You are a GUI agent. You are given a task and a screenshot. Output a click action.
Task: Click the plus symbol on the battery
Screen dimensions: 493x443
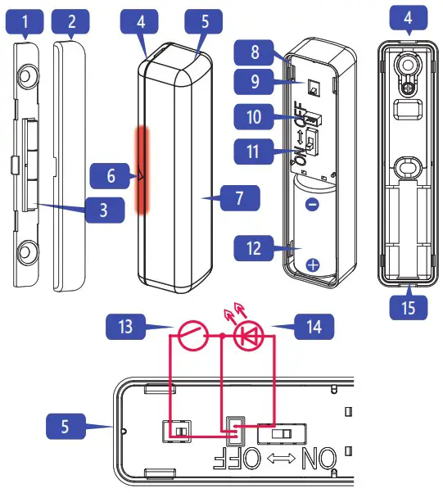[x=312, y=264]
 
